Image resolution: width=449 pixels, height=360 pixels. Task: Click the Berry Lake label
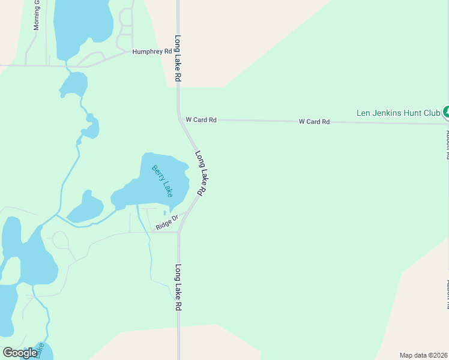(x=162, y=181)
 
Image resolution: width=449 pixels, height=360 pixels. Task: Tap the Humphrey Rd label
(x=152, y=52)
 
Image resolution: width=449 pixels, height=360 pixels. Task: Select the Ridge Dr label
(x=167, y=223)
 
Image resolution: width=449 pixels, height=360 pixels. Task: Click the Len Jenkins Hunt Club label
(x=398, y=112)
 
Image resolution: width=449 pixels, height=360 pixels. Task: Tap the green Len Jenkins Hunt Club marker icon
(x=446, y=111)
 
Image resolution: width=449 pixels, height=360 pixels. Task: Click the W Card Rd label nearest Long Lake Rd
(x=200, y=120)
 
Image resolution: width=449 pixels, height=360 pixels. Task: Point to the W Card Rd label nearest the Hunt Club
(x=315, y=122)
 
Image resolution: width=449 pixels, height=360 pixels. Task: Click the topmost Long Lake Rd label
(x=178, y=59)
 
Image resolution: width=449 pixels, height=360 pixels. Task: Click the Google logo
(x=20, y=353)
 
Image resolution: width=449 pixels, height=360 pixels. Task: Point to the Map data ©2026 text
(x=423, y=355)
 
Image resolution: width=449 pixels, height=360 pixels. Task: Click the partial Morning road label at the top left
(x=37, y=15)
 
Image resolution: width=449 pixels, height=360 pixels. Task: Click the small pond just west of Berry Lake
(x=86, y=208)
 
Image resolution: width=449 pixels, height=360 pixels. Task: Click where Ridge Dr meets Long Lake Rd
(x=179, y=232)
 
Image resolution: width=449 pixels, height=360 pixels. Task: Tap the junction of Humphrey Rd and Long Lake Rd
(x=178, y=52)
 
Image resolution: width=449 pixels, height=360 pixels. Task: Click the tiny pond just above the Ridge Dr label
(x=164, y=212)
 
